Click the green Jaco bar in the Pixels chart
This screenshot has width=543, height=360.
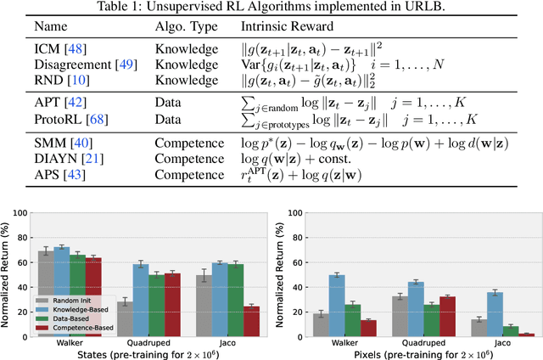511,332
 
